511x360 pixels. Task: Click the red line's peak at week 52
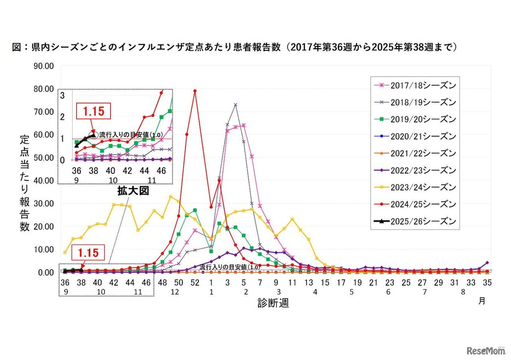pyautogui.click(x=195, y=91)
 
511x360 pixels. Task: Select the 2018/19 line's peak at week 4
pyautogui.click(x=236, y=105)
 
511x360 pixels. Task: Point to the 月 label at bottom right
pyautogui.click(x=482, y=301)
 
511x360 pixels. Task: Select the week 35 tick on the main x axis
pyautogui.click(x=487, y=282)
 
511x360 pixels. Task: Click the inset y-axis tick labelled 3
pyautogui.click(x=62, y=95)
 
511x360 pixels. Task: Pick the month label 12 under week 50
pyautogui.click(x=175, y=292)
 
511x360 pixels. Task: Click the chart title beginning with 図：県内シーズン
pyautogui.click(x=234, y=47)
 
